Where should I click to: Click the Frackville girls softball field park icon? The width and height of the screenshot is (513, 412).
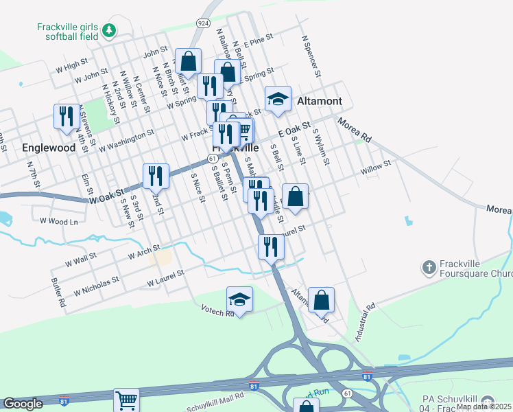pos(108,30)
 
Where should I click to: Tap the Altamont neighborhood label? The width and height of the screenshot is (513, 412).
pos(320,101)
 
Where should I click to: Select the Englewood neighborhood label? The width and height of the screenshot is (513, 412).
pos(48,148)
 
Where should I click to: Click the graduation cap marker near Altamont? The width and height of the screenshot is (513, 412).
pos(278,100)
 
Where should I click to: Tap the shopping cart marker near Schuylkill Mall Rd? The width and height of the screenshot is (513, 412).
pos(127,400)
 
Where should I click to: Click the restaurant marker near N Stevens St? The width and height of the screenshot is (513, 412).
pos(67,116)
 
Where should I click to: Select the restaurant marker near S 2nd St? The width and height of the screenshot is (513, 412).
pos(156,176)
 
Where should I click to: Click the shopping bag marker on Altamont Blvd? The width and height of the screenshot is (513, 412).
pos(320,300)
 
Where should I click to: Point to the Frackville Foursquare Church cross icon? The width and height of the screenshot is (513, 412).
pos(429,267)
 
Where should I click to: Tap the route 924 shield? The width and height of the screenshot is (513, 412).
pos(202,23)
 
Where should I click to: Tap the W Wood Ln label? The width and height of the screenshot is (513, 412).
pos(59,221)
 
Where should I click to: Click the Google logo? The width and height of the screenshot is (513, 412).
pos(23,404)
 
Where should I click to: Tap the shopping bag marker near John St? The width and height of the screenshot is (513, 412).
pos(188,62)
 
